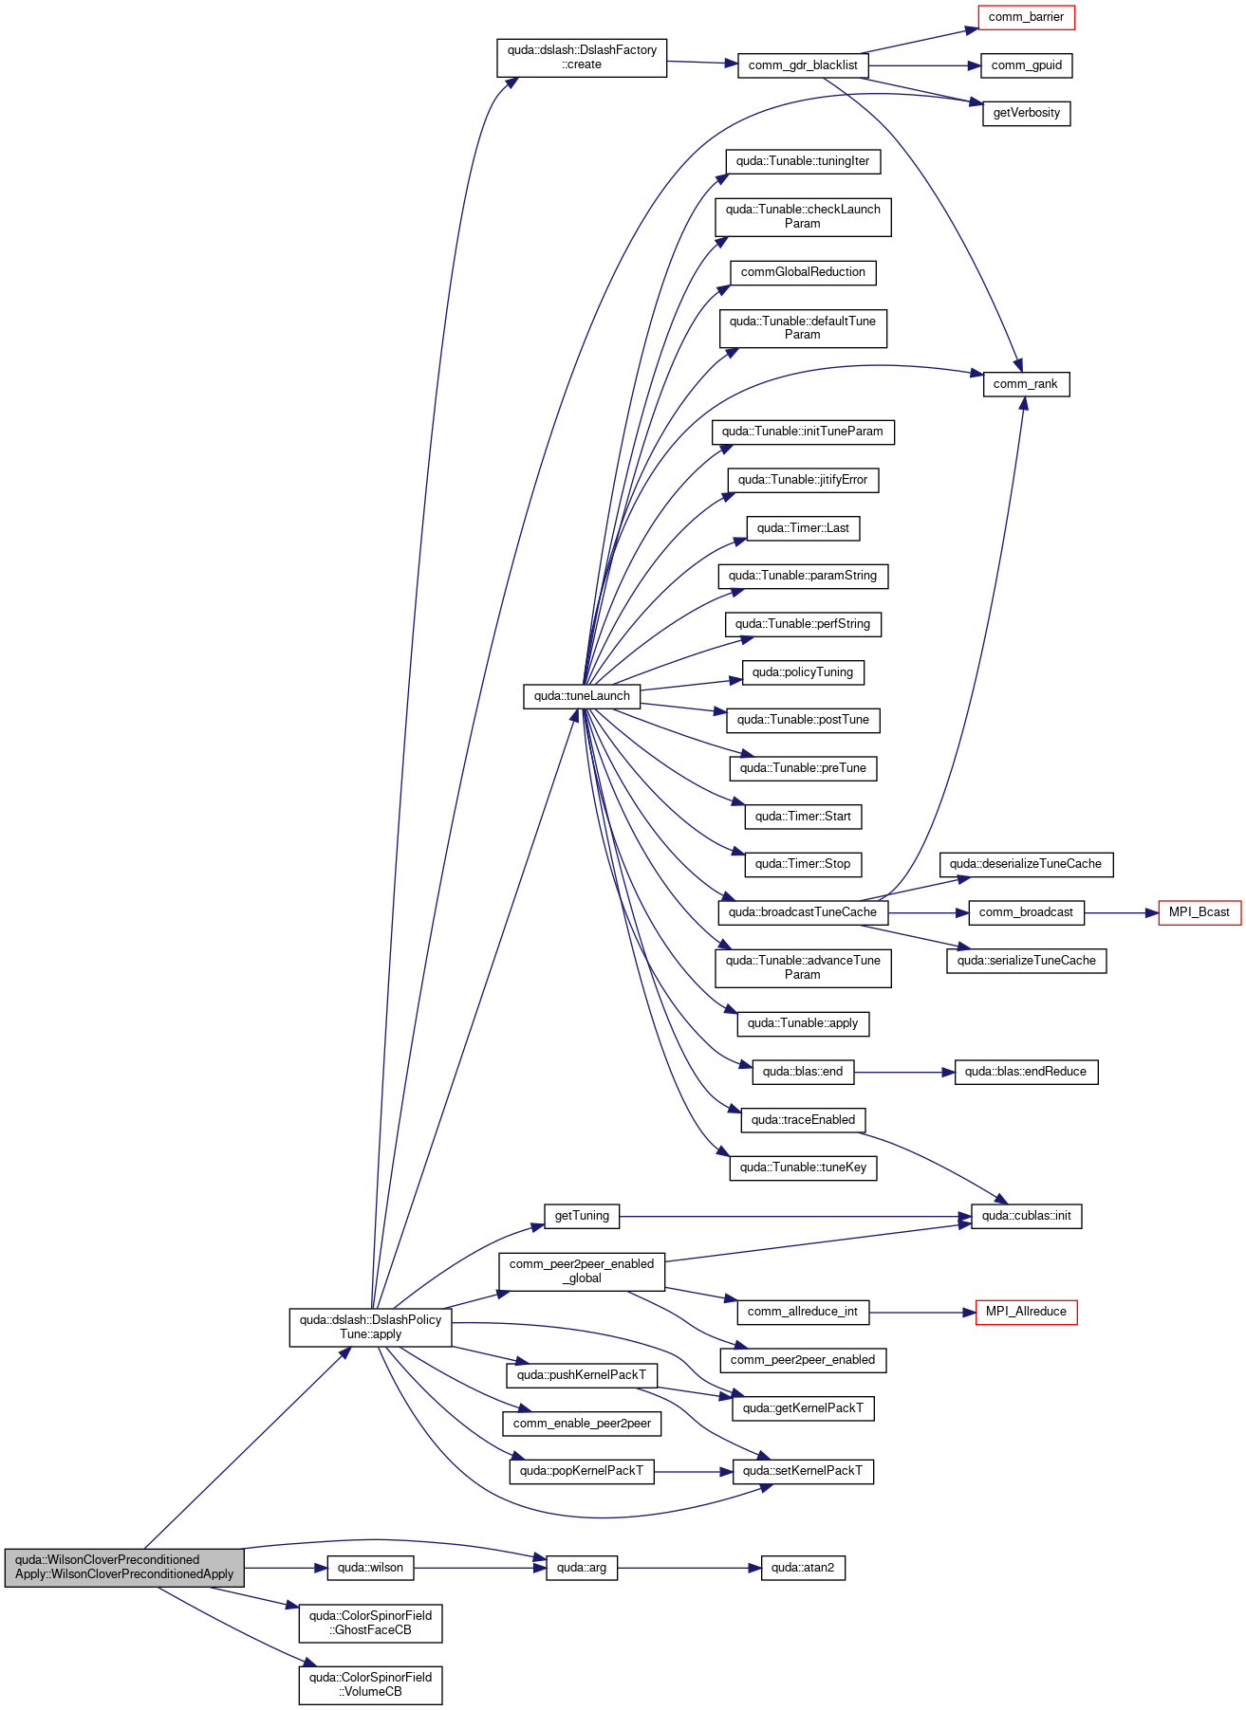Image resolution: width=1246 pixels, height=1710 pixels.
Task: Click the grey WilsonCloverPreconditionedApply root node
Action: (x=124, y=1567)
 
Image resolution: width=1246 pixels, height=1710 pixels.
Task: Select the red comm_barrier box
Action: (x=1026, y=17)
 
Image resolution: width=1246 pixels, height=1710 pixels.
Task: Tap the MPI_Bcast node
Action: (x=1200, y=912)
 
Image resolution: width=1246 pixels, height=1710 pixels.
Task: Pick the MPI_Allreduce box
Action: (x=1026, y=1312)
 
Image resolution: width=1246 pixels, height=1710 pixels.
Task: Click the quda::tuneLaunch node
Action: (x=582, y=696)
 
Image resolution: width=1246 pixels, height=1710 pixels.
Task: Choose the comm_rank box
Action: (x=1026, y=384)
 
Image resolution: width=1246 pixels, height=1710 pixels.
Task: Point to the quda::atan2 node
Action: (x=803, y=1568)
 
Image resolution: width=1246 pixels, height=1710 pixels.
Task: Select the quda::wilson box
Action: (x=370, y=1568)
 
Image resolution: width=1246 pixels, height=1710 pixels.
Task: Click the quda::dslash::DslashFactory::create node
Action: (x=582, y=58)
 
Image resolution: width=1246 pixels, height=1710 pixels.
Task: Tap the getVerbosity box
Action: (x=1026, y=113)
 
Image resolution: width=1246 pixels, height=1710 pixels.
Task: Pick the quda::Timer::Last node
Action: (x=803, y=528)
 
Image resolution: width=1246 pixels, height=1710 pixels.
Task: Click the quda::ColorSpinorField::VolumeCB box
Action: (x=370, y=1685)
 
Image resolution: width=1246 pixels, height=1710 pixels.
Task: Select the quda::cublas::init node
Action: (x=1026, y=1216)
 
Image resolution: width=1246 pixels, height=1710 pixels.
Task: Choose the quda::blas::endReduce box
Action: (x=1026, y=1072)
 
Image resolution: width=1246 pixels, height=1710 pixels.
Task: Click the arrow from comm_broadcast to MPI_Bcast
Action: (x=1121, y=912)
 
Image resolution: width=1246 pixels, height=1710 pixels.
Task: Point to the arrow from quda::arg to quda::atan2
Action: (x=689, y=1568)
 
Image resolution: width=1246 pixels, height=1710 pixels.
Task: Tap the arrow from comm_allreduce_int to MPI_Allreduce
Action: (x=922, y=1312)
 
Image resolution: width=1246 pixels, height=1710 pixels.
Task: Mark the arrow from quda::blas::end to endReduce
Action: (x=904, y=1072)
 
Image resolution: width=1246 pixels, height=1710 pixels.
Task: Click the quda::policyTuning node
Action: (x=803, y=672)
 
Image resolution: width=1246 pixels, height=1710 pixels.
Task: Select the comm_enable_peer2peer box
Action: (x=582, y=1424)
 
